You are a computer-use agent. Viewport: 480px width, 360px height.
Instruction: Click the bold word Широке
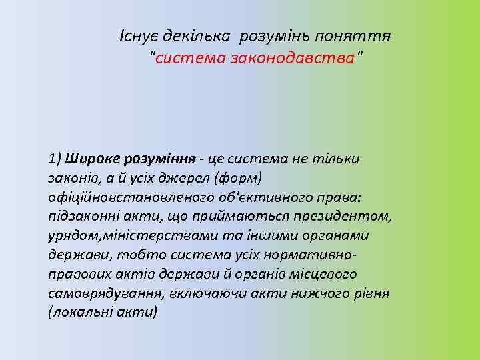pos(90,159)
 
